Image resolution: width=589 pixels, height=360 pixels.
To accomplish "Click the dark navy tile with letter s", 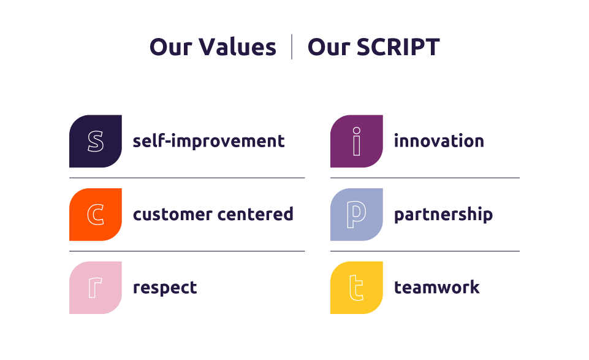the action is click(x=96, y=141).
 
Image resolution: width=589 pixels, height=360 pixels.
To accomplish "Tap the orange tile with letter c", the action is click(x=96, y=215).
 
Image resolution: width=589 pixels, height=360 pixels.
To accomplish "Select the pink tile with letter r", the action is click(x=96, y=288).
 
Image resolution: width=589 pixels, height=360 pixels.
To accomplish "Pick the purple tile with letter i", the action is click(x=357, y=141).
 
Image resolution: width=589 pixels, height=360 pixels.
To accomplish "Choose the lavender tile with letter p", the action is click(x=357, y=215).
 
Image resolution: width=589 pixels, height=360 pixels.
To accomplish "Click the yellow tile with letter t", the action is click(x=357, y=288).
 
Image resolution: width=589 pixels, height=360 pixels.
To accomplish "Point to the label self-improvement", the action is click(x=209, y=141).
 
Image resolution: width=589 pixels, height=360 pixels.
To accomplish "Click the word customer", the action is click(x=172, y=215).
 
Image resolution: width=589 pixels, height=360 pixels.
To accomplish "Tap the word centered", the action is click(x=256, y=214).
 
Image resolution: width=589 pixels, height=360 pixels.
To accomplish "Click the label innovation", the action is click(x=439, y=141).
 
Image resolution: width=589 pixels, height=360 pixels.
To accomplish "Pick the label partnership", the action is click(x=443, y=215).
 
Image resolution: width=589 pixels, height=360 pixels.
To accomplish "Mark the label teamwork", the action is click(x=437, y=288).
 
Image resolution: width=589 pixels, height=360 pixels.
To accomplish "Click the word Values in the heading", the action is click(x=237, y=47).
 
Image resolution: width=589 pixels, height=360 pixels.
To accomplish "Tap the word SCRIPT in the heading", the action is click(x=398, y=47).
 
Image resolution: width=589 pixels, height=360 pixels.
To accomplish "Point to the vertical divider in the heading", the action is click(x=292, y=47).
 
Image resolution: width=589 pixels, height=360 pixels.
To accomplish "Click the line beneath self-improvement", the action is click(x=187, y=178).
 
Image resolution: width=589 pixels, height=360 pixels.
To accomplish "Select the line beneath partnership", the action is click(x=425, y=251).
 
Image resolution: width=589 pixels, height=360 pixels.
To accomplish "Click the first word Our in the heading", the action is click(x=171, y=47).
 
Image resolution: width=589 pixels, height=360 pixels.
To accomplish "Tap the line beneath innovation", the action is click(x=425, y=178).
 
